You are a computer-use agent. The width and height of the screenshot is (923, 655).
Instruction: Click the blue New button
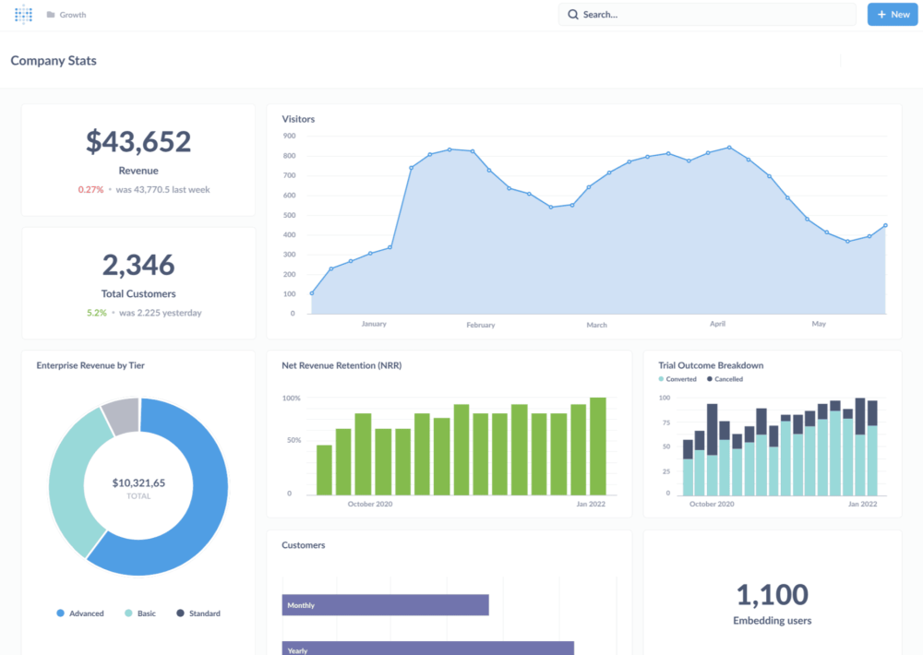(893, 15)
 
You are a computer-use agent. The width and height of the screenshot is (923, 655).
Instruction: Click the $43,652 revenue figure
(138, 141)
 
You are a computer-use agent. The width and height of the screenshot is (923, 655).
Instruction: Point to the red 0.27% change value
(90, 190)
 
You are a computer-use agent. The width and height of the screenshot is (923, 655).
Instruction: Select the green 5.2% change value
(96, 313)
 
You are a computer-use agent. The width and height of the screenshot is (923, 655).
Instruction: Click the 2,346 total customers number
(138, 265)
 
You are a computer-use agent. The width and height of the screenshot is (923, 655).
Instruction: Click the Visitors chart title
(298, 119)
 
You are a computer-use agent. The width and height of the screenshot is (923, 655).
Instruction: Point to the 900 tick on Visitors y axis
(289, 136)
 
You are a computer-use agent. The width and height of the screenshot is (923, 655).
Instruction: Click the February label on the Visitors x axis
(480, 325)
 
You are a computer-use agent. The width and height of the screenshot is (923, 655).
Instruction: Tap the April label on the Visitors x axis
(717, 324)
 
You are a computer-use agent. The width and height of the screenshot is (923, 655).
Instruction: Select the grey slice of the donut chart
(121, 416)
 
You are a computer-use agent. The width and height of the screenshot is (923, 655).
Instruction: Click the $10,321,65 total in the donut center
(138, 482)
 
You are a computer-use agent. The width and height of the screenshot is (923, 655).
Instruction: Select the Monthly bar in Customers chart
(385, 605)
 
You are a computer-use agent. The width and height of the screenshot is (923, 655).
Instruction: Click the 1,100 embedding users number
(773, 594)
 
